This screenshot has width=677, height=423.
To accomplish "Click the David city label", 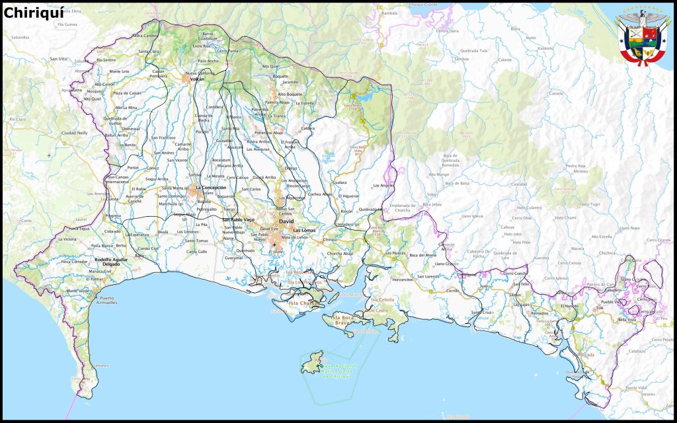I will tap(286, 221).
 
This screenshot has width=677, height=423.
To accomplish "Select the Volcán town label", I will tap(197, 79).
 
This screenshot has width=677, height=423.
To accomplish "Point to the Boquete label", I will tap(281, 76).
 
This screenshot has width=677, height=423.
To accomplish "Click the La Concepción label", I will tap(211, 188).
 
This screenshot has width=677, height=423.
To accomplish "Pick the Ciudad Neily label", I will tap(74, 132).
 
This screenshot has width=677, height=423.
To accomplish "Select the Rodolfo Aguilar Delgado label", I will tap(102, 262).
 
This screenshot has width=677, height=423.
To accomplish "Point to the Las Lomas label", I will tap(305, 230).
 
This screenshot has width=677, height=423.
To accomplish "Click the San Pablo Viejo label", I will tap(238, 219).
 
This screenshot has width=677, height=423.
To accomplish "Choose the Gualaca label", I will tap(340, 182).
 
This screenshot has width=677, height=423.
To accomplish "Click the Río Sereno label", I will tap(105, 59).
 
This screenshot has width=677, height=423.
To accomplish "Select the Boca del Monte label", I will tap(423, 255).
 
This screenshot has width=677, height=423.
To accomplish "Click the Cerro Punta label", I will tap(227, 51).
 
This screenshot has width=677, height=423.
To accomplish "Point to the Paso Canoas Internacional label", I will tap(119, 179).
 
